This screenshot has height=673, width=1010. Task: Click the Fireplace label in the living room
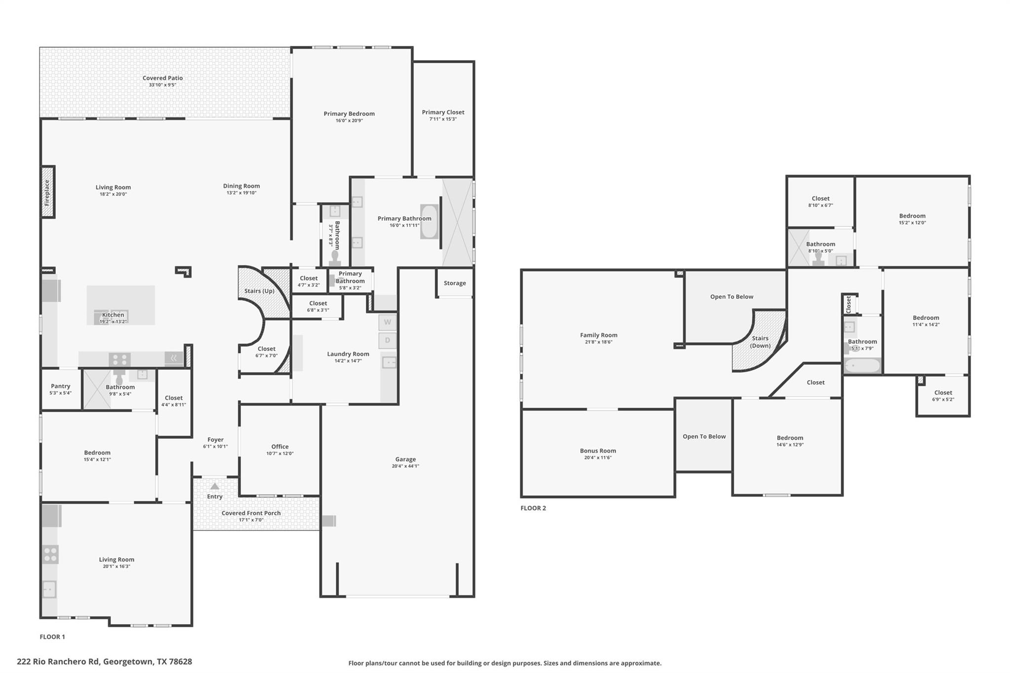[47, 192]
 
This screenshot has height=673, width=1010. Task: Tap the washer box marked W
[388, 322]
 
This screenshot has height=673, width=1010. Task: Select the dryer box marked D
[388, 340]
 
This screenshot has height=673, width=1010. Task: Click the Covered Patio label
[163, 78]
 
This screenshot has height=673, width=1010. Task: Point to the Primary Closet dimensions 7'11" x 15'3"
[443, 119]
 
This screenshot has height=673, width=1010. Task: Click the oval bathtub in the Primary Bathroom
[429, 222]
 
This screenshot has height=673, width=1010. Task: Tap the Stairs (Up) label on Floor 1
[259, 291]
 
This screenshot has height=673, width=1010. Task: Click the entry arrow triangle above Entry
[215, 487]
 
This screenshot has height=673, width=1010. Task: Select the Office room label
[280, 447]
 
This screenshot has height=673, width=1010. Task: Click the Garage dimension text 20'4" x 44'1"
[405, 466]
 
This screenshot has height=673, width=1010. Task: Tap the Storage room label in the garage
[455, 283]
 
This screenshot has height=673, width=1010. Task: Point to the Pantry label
[61, 386]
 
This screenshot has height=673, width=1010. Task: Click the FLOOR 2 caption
[533, 508]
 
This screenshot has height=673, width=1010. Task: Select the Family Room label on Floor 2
[599, 335]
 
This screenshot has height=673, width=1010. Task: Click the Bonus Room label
[598, 451]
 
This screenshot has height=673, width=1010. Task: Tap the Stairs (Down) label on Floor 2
[760, 342]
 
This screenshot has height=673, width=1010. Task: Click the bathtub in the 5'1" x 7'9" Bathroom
[862, 366]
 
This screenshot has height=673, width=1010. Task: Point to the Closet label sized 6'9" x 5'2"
[943, 393]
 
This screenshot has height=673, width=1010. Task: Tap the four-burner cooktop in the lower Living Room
[50, 555]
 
